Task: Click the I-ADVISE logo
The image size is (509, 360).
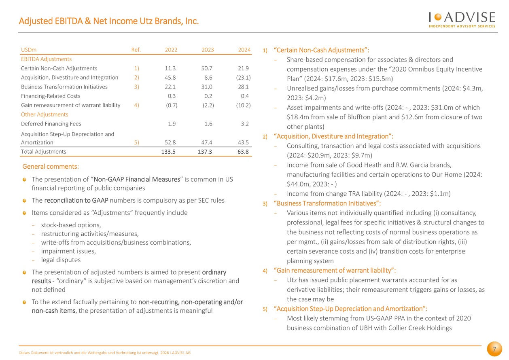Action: coord(462,20)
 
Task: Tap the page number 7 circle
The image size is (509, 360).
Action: coord(494,349)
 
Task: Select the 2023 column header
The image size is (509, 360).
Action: coord(208,50)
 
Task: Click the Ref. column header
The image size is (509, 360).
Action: coord(136,50)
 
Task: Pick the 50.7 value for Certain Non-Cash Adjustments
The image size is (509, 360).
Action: coord(207,68)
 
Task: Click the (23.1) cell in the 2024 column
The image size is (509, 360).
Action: coord(243,77)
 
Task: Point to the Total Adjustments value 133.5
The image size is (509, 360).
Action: coord(168,152)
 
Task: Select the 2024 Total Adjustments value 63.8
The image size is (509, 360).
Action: coord(243,152)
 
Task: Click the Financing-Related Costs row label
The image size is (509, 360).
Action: coord(51,96)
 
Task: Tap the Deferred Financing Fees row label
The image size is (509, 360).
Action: coord(51,124)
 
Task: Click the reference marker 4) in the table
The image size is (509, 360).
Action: coord(136,105)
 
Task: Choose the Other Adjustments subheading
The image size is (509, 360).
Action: coord(45,114)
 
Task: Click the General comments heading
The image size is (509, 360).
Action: coord(51,167)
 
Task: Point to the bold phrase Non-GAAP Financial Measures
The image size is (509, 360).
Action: coord(137,179)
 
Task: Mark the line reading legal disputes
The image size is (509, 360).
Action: coord(61,260)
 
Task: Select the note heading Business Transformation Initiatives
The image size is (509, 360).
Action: coord(327,203)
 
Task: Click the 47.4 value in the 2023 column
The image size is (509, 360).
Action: coord(207,142)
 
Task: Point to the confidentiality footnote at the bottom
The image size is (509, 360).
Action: coord(105,353)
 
